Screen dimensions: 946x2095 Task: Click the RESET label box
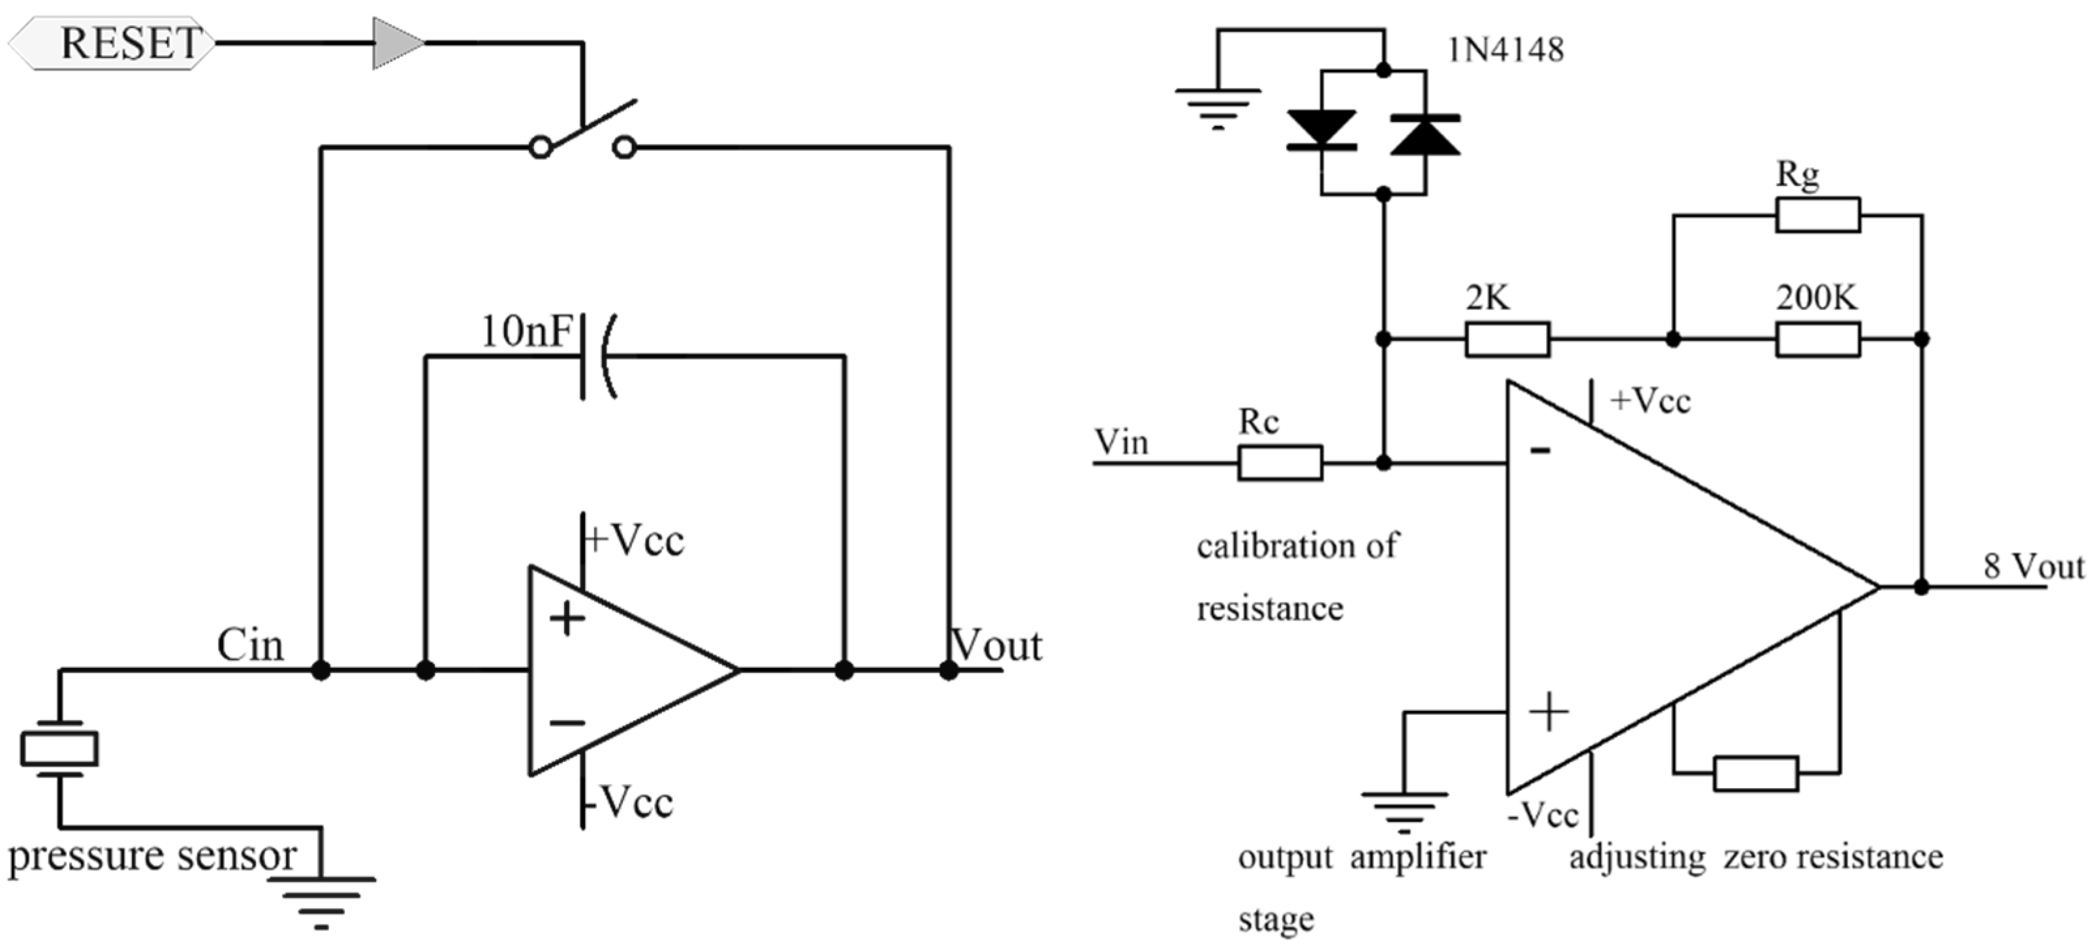point(114,42)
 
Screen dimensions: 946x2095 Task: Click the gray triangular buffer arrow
point(396,42)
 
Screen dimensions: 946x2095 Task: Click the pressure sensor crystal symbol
point(59,748)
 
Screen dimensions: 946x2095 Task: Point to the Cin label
point(249,646)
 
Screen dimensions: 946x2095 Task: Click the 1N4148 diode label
point(1505,50)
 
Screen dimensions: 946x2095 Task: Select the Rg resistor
point(1817,215)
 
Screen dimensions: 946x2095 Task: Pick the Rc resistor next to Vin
point(1280,463)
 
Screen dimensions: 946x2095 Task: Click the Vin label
point(1122,443)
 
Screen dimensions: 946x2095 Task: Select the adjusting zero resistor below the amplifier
point(1755,773)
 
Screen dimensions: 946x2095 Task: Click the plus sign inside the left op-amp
point(567,619)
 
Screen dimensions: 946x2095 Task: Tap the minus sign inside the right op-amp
point(1540,450)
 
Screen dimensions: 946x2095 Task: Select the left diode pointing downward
point(1321,130)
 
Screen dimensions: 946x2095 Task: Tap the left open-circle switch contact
point(540,148)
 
